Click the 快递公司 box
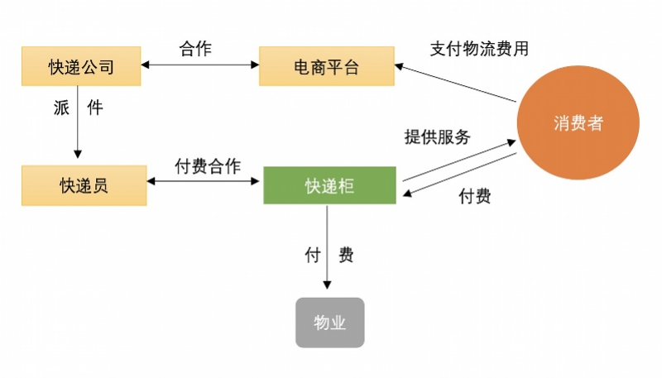coord(80,67)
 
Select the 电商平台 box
coord(326,67)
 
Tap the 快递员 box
coord(84,185)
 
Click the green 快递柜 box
coord(329,186)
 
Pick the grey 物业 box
coord(329,322)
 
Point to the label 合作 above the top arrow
coord(195,48)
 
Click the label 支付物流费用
coord(479,48)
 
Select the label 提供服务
coord(437,136)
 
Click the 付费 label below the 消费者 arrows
coord(475,196)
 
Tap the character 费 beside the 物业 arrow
coord(346,255)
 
